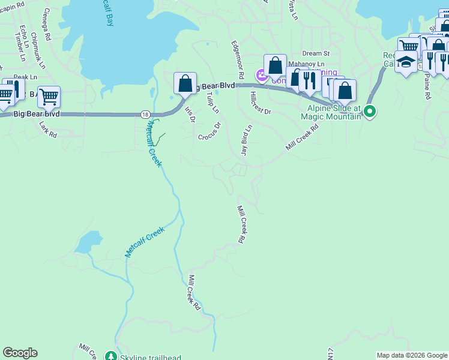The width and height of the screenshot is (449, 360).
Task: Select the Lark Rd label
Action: [47, 130]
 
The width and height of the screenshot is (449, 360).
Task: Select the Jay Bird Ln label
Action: [246, 140]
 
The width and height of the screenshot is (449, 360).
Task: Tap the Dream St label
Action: [316, 53]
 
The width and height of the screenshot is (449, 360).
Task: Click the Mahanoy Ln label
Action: [306, 64]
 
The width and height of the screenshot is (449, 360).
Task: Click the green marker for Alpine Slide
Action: [370, 111]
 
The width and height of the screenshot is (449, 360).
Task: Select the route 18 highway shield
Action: [146, 114]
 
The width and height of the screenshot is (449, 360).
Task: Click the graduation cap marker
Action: [406, 62]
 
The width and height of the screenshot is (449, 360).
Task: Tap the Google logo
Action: [20, 353]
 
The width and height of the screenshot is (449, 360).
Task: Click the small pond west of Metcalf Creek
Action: [88, 241]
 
